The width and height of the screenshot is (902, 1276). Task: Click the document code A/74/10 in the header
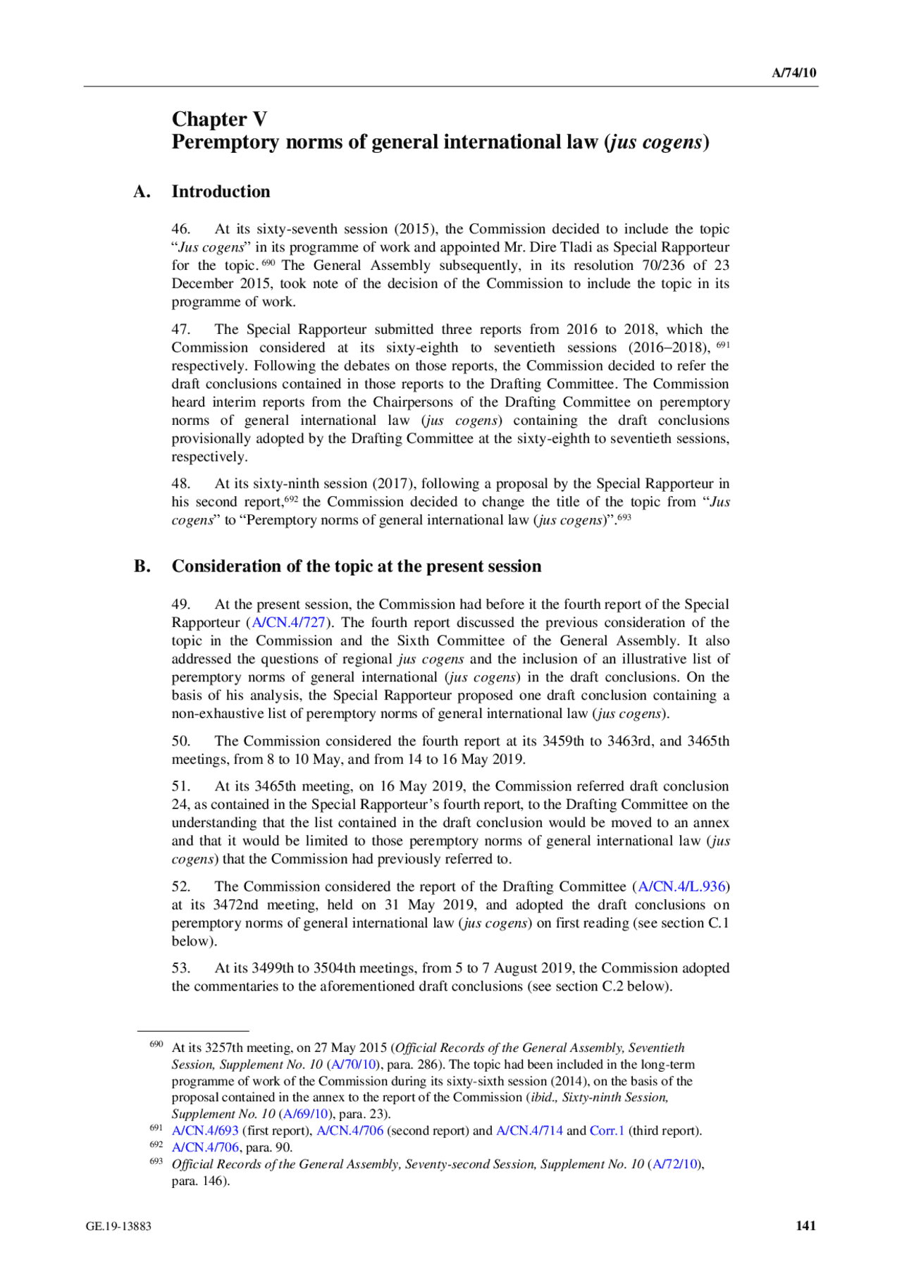point(793,73)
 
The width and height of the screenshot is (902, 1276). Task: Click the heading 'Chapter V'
point(219,119)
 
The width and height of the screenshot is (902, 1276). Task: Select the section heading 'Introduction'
point(221,192)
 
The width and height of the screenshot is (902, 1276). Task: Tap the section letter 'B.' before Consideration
point(142,566)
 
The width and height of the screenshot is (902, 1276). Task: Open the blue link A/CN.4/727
point(289,623)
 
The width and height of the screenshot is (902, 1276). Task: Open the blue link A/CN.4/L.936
point(681,886)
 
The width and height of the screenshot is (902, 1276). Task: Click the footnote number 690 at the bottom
point(156,1044)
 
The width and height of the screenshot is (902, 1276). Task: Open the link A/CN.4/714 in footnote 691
point(529,1131)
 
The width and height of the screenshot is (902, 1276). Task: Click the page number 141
point(805,1225)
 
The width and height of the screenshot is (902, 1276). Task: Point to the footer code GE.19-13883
point(118,1226)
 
